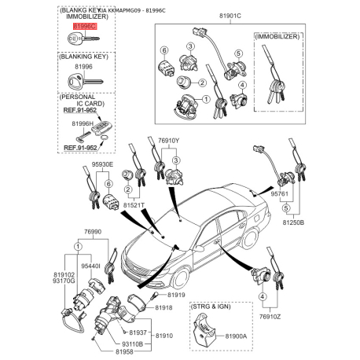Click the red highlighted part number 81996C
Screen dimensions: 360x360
83,26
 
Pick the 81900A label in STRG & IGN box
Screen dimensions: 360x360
236,336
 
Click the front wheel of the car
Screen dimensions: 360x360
179,277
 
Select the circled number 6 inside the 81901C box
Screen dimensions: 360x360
166,50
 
